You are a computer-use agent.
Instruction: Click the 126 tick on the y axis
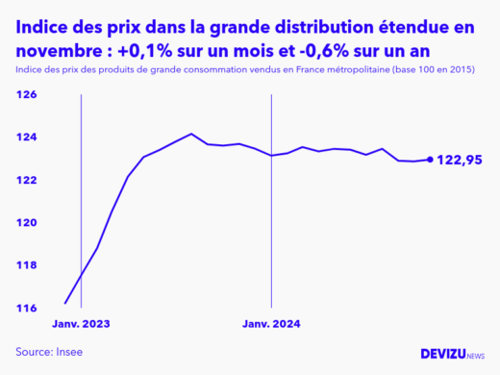pos(26,95)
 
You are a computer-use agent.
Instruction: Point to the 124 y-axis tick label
pos(26,137)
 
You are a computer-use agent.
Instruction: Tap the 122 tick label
pos(26,181)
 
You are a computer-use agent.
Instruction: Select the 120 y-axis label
pos(26,223)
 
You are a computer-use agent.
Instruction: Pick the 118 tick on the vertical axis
pos(26,265)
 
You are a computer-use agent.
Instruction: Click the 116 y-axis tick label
pos(26,308)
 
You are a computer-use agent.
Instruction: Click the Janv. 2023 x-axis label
pos(81,325)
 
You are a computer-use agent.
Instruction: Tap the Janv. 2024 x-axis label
pos(271,325)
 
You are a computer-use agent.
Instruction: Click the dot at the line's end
pos(429,160)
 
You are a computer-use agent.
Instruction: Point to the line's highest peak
pos(191,134)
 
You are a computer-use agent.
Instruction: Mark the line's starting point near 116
pos(65,302)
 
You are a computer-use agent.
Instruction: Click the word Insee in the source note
pos(67,352)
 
